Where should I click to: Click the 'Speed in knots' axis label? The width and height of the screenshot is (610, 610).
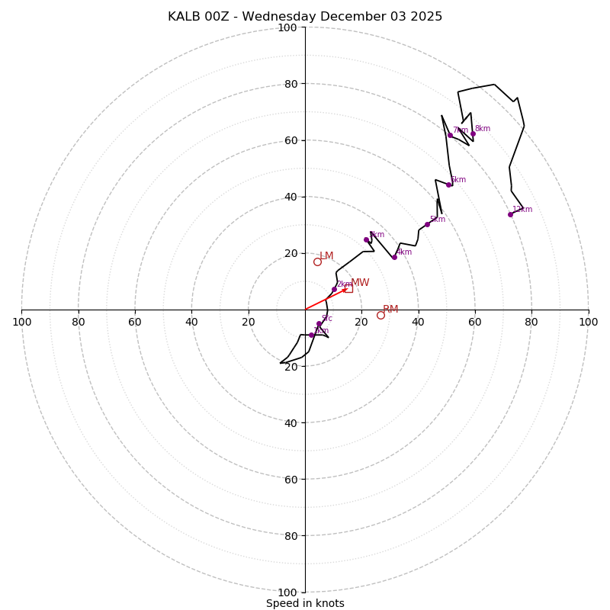305,603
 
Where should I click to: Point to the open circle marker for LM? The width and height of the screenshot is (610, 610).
317,262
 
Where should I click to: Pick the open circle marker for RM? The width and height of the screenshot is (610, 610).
380,315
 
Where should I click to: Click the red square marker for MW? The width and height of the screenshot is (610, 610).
348,288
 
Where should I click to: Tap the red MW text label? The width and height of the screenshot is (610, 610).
360,283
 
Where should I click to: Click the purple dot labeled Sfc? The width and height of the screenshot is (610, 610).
319,324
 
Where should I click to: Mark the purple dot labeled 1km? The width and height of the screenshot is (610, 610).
311,335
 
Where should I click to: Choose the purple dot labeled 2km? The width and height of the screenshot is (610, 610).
334,289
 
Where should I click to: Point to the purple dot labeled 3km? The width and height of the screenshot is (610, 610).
366,239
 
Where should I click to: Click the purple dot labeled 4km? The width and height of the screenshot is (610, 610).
394,257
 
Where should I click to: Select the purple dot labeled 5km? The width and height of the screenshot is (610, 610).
427,224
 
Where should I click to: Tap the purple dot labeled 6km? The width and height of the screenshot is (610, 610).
448,185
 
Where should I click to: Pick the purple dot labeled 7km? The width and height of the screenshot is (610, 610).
450,135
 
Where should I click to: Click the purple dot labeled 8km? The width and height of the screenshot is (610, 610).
473,133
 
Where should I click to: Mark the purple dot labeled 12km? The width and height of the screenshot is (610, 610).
510,214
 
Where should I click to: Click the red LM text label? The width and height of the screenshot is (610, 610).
326,256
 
